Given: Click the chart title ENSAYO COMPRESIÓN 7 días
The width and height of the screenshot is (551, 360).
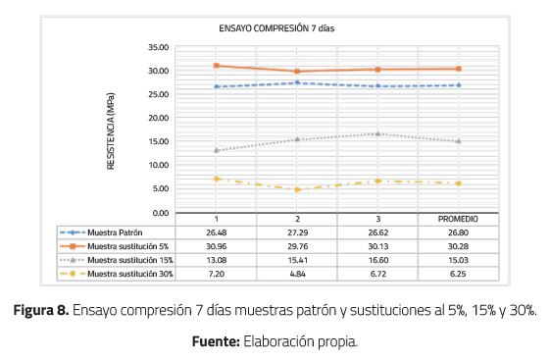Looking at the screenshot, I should click(275, 28).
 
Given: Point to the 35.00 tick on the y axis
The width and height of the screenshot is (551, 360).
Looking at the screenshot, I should click(157, 47).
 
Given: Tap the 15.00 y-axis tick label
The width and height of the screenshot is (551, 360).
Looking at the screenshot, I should click(157, 142).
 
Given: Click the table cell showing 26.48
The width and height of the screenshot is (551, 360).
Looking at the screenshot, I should click(217, 232).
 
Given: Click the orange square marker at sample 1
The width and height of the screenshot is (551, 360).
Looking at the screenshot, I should click(217, 66).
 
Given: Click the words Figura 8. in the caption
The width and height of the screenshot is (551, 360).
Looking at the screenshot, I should click(40, 311).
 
